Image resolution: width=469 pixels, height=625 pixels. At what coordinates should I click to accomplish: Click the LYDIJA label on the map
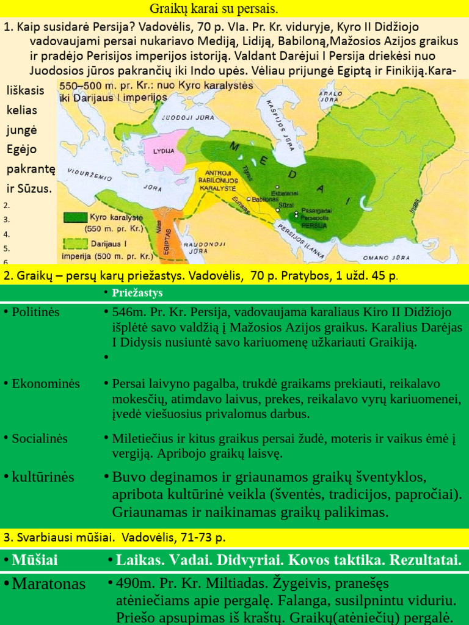164,150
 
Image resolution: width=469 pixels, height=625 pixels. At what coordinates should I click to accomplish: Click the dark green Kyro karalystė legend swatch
76,217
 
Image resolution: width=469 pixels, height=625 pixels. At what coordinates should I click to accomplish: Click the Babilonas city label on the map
265,200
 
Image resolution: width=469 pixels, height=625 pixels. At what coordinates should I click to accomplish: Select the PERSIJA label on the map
313,225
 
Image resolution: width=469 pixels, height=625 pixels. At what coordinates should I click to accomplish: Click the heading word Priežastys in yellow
137,293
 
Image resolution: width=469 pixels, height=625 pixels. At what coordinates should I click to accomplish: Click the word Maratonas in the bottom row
49,583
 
